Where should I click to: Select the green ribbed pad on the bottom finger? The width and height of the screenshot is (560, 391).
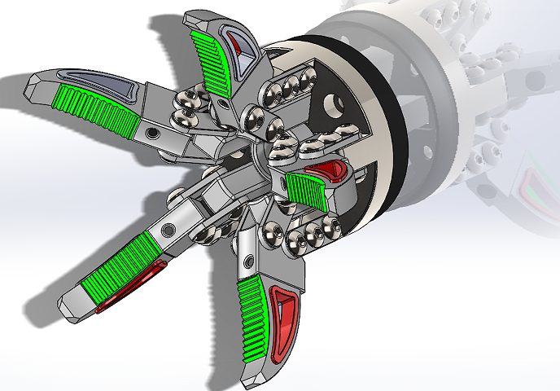click(x=254, y=317)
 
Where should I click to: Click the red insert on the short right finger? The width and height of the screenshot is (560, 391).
click(x=330, y=170)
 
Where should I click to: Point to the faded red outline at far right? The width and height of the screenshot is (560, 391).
click(x=533, y=195)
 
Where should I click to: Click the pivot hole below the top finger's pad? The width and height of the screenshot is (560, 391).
click(x=221, y=103)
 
